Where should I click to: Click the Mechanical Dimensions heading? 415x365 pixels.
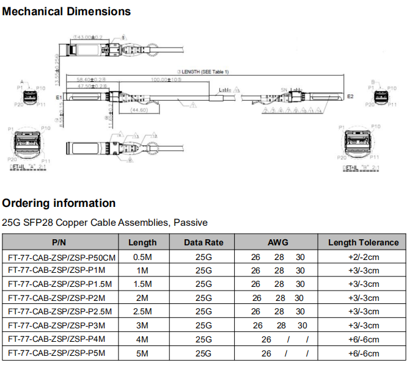tap(67, 11)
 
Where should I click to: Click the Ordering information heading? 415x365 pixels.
tap(59, 203)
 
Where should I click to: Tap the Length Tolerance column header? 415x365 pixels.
tap(363, 242)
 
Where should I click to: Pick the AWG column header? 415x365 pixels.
tap(277, 242)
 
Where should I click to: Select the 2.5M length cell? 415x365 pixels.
tap(142, 311)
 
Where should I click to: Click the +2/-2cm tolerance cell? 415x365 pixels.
tap(363, 256)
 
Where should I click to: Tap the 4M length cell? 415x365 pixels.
tap(142, 339)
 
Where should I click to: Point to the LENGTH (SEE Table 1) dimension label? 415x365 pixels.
tap(202, 71)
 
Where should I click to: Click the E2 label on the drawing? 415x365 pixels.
tap(350, 96)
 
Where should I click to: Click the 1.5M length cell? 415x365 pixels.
tap(142, 284)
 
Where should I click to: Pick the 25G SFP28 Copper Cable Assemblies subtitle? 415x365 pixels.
tap(105, 223)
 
